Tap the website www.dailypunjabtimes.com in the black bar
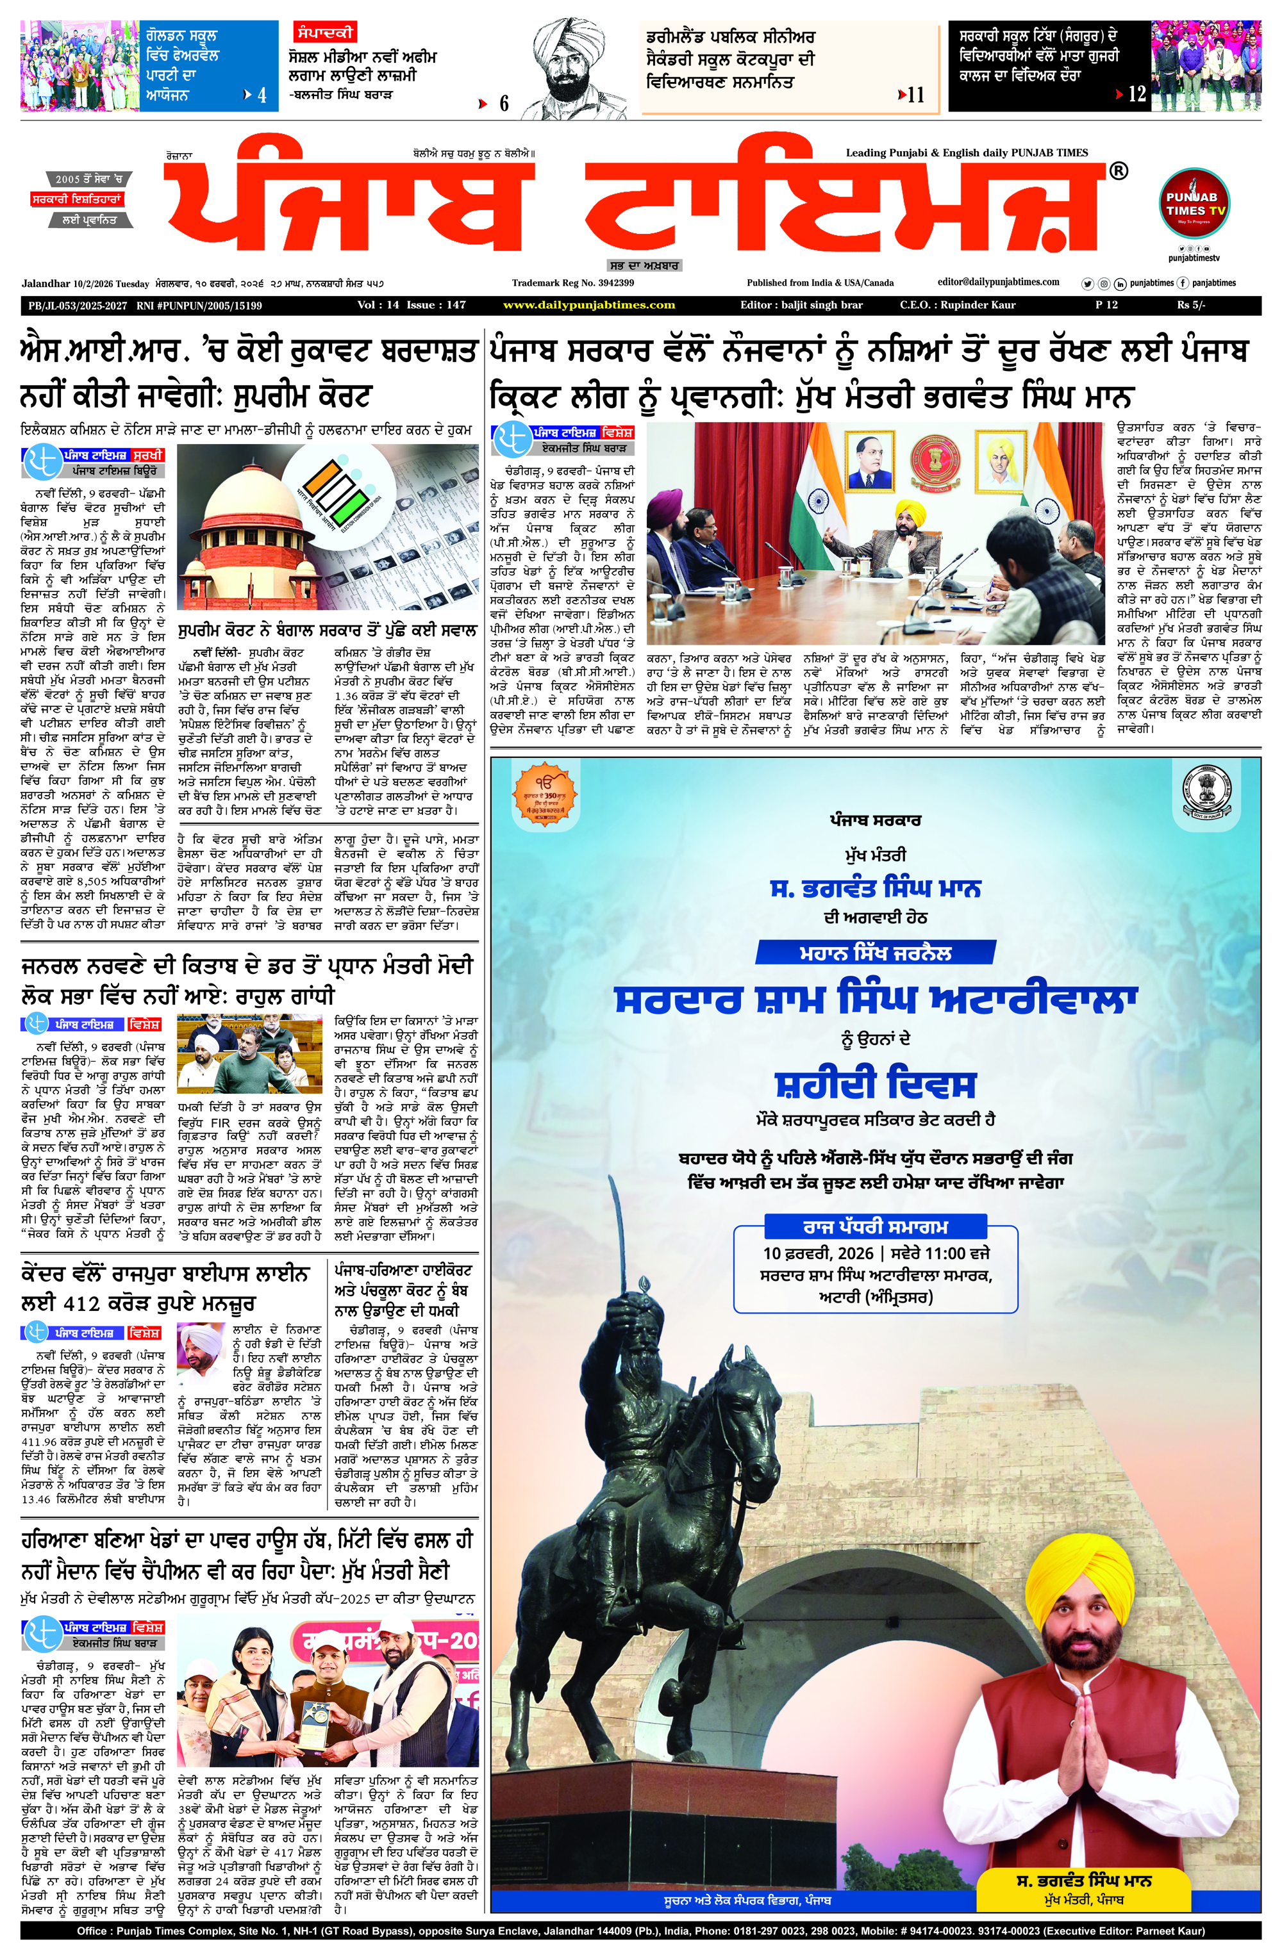point(588,305)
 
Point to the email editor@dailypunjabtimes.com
point(998,282)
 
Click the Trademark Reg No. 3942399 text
point(572,283)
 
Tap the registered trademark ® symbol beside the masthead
point(1118,170)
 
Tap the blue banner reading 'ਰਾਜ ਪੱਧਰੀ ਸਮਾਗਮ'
point(874,1227)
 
